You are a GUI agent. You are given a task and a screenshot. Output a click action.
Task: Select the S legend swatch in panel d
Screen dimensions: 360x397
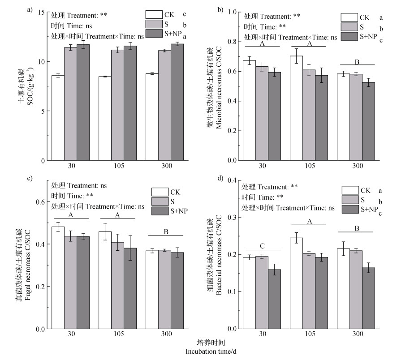[350, 199]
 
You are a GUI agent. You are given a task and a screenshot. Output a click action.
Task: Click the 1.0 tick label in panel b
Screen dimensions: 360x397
[232, 12]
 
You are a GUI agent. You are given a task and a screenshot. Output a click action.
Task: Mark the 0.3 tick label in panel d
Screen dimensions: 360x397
[232, 217]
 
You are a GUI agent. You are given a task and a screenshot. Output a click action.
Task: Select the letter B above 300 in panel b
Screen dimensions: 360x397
[356, 63]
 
